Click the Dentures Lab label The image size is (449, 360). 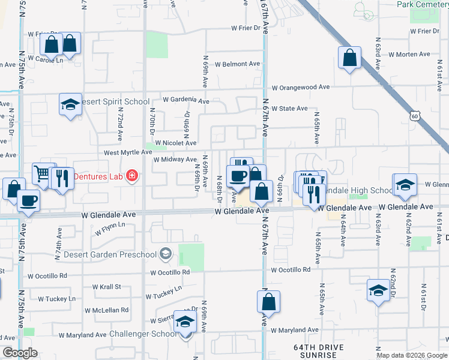(98, 176)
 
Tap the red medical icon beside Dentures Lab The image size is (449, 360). (131, 176)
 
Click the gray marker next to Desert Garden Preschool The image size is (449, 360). (166, 254)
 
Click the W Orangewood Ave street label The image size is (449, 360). (300, 87)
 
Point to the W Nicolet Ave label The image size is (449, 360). (175, 143)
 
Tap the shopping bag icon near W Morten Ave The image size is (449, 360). (349, 58)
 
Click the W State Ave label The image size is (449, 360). (289, 109)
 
